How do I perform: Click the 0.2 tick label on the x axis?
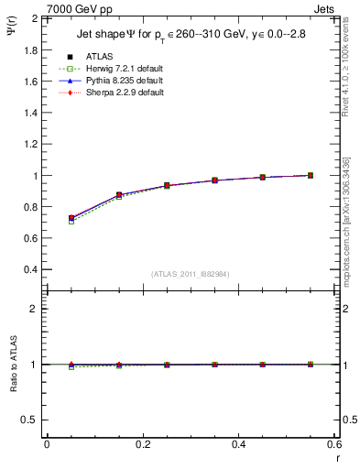[x=143, y=443]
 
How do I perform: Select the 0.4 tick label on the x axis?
[x=238, y=443]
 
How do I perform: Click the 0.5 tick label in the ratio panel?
[x=31, y=420]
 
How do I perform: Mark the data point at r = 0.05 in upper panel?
[x=71, y=218]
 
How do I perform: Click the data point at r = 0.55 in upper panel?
[x=311, y=175]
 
